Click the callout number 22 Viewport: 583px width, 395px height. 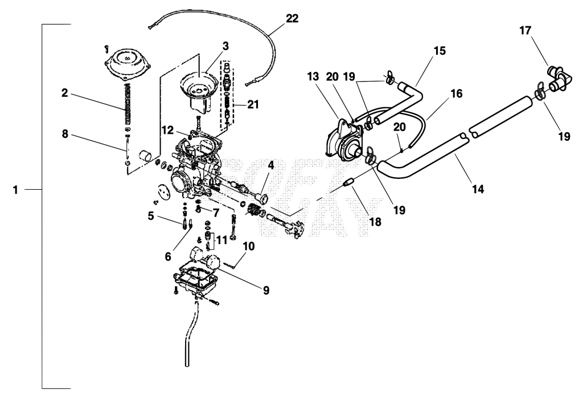292,18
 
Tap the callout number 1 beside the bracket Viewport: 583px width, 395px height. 15,190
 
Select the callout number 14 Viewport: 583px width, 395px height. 478,189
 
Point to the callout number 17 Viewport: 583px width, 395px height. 525,31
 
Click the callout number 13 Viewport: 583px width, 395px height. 313,77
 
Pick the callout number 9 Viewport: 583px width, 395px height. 266,290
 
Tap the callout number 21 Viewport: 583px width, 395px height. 253,105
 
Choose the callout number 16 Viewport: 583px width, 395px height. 456,93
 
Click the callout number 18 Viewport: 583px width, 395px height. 375,222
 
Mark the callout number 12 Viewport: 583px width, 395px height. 168,131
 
